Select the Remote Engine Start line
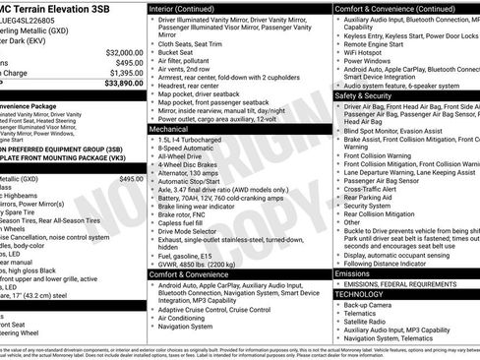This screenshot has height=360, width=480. [377, 45]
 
